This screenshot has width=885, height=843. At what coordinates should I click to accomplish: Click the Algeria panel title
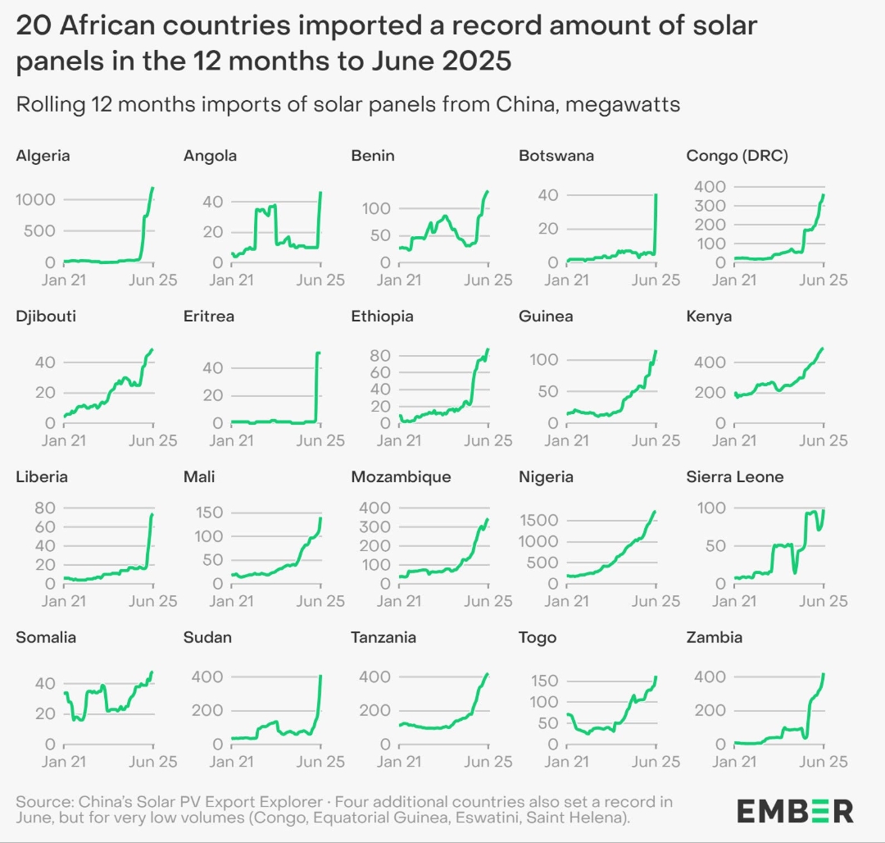tap(43, 156)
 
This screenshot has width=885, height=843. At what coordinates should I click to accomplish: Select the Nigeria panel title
tap(547, 477)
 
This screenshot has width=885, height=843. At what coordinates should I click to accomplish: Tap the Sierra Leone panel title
tap(735, 477)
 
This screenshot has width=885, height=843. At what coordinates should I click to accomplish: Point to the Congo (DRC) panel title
tap(737, 156)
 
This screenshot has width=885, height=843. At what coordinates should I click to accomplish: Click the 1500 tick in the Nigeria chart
tap(538, 521)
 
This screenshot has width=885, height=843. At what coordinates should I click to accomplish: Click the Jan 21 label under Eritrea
tap(232, 440)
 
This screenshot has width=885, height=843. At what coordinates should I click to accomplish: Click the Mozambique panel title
tap(401, 477)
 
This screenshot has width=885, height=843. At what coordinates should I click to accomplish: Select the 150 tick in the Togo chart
tap(542, 681)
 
